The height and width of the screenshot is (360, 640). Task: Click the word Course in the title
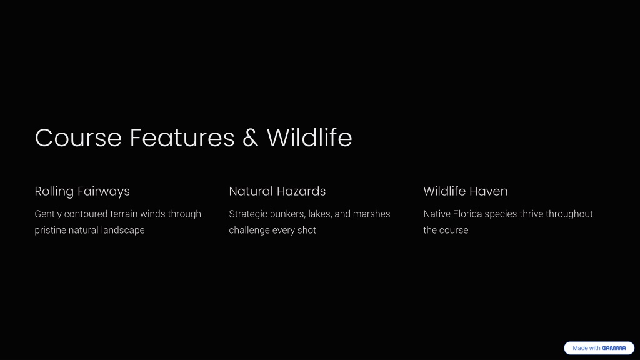coord(78,137)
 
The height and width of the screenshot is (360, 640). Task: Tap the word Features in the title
coord(182,137)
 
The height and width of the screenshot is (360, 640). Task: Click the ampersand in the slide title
coord(251,137)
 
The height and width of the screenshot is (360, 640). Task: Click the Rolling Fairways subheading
coord(82,191)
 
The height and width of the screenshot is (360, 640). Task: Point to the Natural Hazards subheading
coord(277,191)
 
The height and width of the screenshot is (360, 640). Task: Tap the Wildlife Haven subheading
coord(465,191)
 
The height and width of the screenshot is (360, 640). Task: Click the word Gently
coord(48,214)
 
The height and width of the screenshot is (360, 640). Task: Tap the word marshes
coord(371,214)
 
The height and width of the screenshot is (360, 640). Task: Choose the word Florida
coord(467,214)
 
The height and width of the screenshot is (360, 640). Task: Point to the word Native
coord(437,214)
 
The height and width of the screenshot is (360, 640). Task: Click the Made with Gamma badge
coord(599,348)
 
